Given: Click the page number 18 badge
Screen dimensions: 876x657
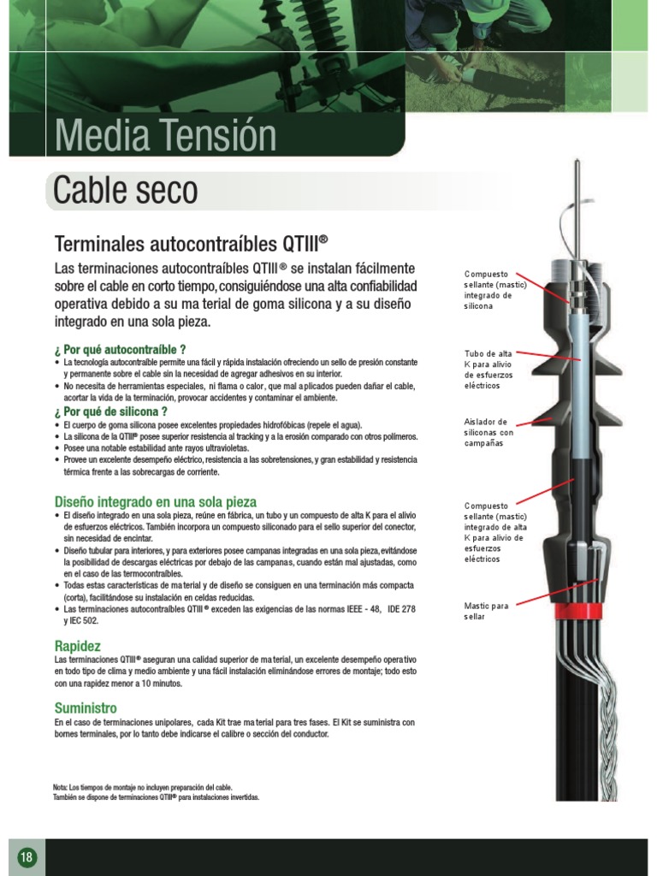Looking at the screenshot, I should click(x=27, y=857).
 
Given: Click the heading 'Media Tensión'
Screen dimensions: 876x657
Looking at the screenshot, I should click(x=165, y=137).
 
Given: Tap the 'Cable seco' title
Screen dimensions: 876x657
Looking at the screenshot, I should click(x=126, y=190).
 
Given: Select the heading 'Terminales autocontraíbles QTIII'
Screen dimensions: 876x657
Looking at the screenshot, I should click(x=192, y=244).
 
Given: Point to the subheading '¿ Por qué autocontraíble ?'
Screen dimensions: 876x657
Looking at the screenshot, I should click(x=121, y=349).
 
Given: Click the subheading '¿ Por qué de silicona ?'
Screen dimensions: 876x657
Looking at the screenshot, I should click(x=110, y=411).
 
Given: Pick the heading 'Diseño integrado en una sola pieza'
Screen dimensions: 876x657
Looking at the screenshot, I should click(x=156, y=501).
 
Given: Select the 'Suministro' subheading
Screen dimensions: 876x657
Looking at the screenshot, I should click(x=86, y=708).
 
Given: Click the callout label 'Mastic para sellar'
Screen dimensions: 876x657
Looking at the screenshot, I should click(x=486, y=611).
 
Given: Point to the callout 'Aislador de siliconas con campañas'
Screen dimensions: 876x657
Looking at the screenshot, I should click(x=488, y=432).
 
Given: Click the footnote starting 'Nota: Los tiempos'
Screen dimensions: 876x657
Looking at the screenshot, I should click(x=142, y=787).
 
